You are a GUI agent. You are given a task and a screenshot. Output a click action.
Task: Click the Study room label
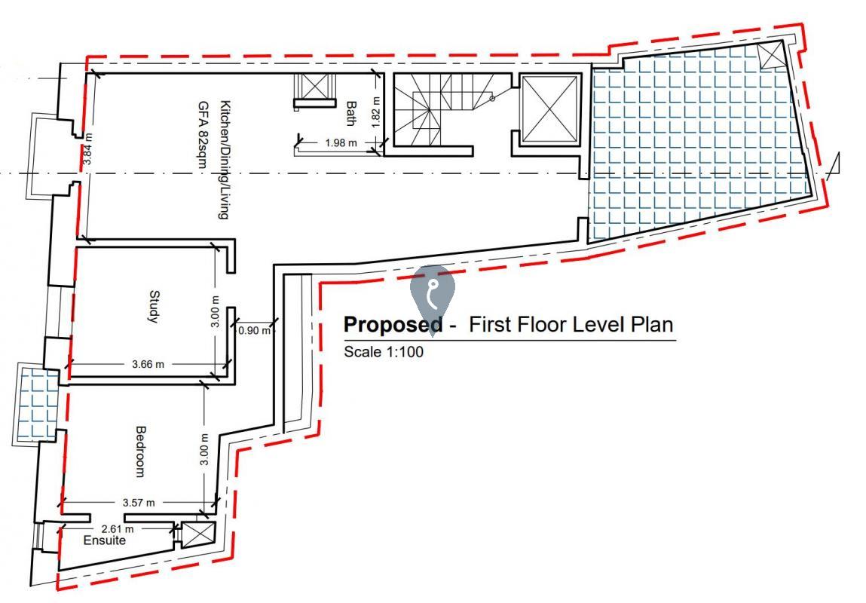click(153, 307)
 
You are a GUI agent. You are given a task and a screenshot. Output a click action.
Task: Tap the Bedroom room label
click(139, 451)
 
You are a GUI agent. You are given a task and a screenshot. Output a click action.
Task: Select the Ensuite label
click(105, 540)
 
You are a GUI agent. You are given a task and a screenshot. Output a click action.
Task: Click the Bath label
click(350, 114)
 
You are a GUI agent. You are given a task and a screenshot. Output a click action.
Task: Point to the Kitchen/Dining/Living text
click(223, 159)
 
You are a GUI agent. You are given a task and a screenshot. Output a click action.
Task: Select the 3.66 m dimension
click(147, 364)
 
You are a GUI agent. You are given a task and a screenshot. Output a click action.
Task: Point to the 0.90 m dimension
click(255, 330)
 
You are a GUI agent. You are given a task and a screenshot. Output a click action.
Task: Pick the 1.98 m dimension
click(341, 142)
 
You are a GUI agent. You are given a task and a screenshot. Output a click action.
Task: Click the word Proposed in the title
click(393, 325)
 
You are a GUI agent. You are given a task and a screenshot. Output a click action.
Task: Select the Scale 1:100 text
click(384, 351)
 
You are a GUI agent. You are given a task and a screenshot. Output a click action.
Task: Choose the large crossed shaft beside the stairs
click(550, 109)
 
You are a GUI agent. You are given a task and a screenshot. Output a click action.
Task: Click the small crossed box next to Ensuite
click(199, 534)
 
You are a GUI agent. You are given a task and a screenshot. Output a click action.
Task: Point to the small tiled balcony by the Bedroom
click(38, 404)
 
